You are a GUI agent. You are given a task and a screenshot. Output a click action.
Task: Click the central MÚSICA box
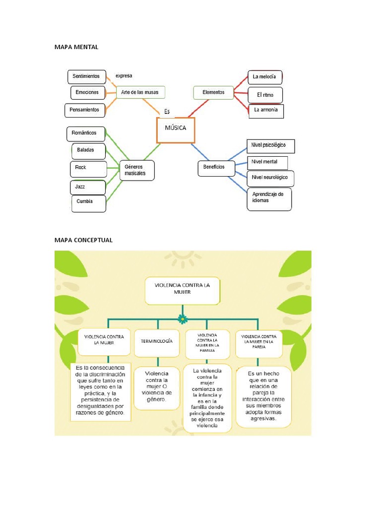176,130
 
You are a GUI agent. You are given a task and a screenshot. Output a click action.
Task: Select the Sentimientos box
86,76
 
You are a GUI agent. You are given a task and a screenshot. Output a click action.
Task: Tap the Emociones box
87,92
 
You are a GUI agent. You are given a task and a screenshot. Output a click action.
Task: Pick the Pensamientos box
85,110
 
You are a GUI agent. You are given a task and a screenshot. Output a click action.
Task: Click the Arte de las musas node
140,92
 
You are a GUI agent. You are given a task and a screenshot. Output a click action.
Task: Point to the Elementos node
213,92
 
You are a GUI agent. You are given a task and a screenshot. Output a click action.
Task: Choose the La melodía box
265,77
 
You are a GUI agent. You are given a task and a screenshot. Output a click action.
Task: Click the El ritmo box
265,95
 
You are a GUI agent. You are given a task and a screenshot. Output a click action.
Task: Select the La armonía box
266,110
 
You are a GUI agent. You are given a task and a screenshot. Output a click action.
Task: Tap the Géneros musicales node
136,171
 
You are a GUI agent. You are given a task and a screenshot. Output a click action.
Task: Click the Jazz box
87,187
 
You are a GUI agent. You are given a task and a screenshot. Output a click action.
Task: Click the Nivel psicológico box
270,146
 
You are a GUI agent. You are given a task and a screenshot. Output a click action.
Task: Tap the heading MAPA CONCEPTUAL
83,240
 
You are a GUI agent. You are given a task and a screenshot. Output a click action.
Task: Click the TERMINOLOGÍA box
157,342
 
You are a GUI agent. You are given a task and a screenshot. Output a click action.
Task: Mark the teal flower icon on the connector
183,319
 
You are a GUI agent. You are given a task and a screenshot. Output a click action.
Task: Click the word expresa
124,76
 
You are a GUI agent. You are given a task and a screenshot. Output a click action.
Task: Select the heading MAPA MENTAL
76,47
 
